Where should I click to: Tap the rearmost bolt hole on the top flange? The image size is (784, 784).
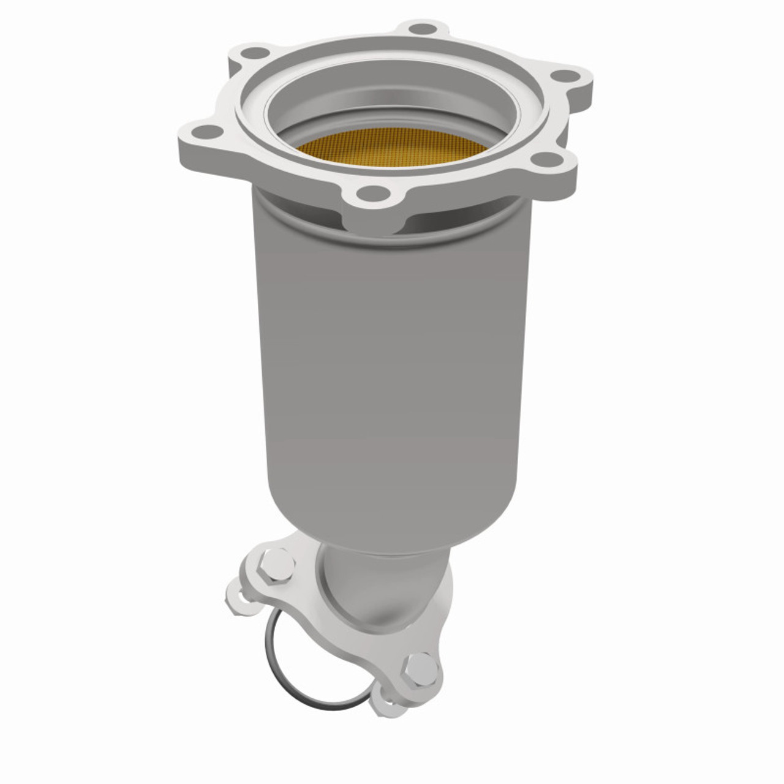point(420,29)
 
